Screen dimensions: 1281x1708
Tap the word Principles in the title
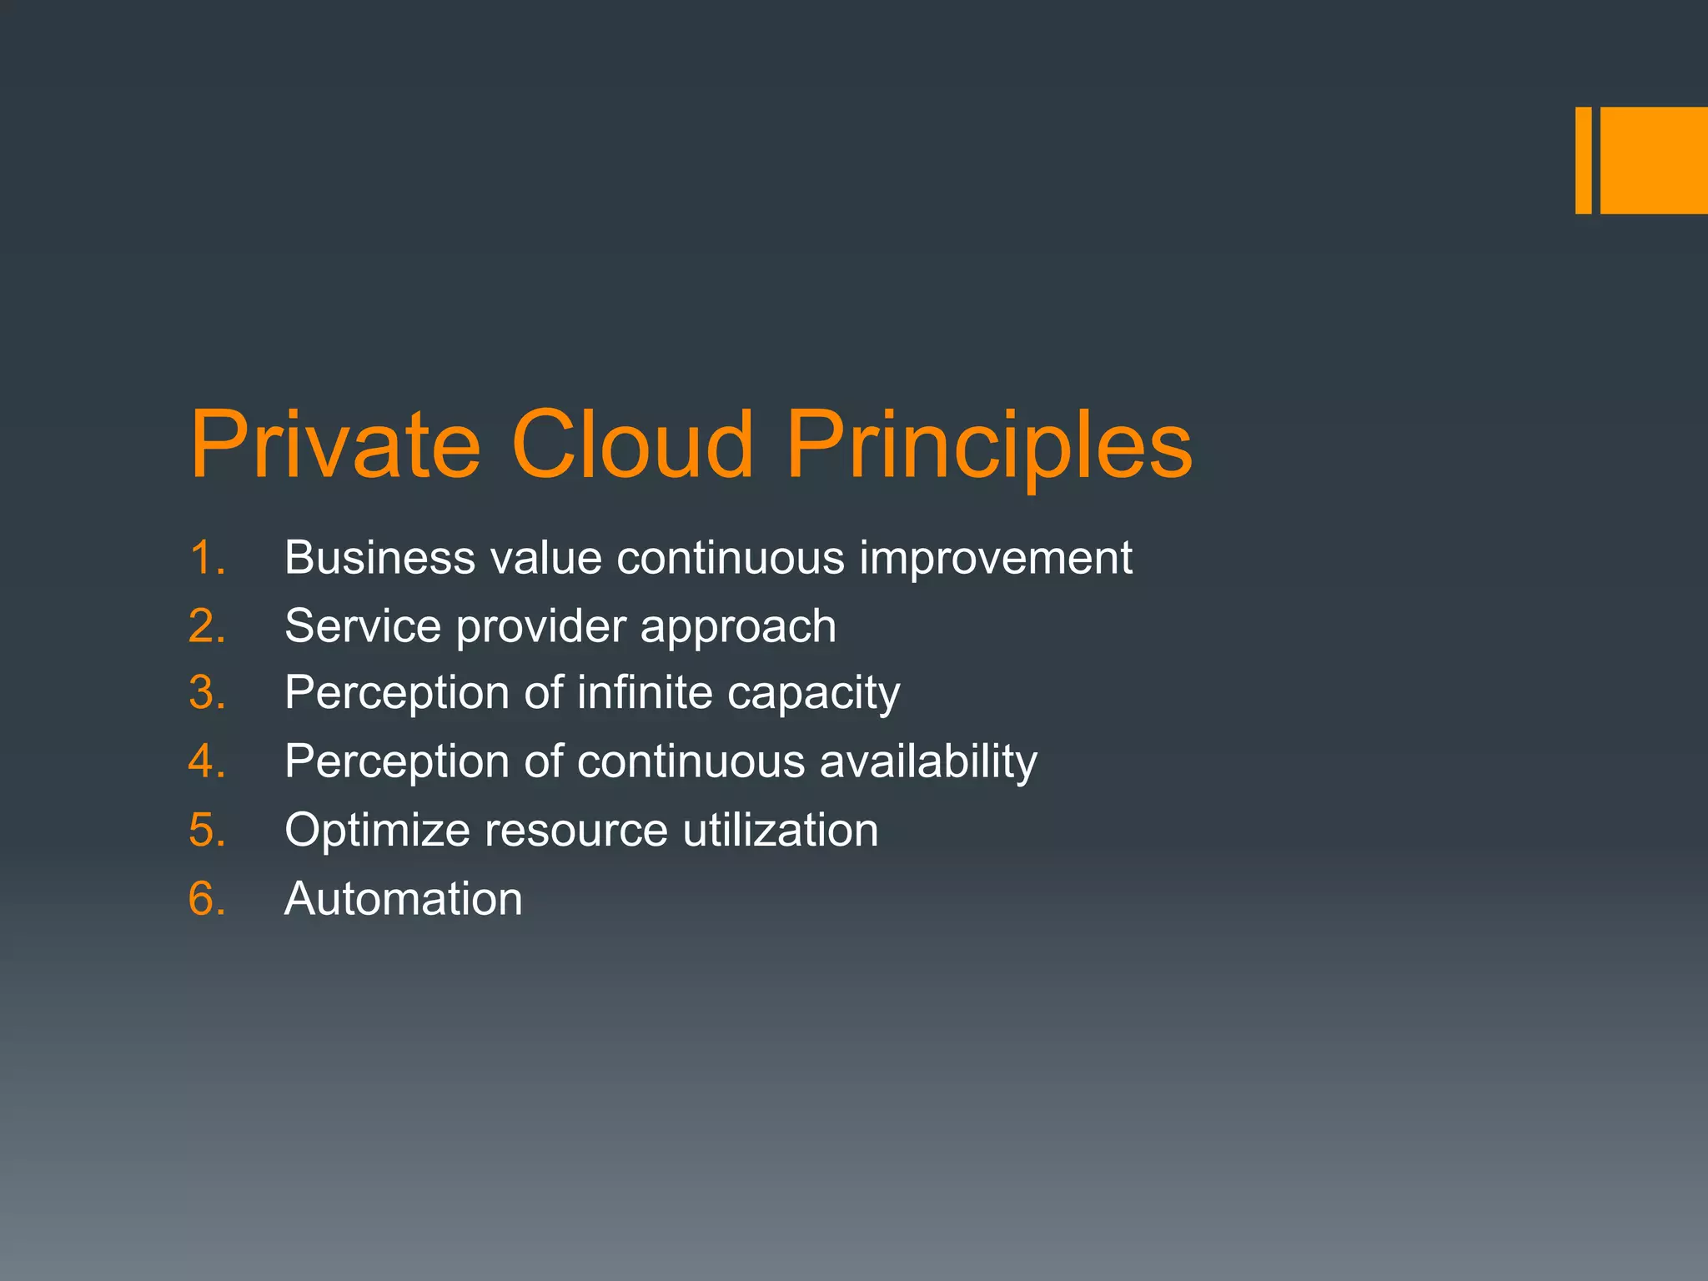tap(989, 447)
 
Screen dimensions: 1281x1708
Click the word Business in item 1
tap(379, 557)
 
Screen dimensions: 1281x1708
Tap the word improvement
tap(996, 557)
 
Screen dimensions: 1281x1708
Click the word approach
tap(738, 627)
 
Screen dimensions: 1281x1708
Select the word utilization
tap(780, 830)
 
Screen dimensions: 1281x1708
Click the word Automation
tap(404, 899)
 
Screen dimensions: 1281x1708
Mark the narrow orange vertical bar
tap(1583, 160)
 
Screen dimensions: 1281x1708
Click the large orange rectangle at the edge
tap(1654, 160)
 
